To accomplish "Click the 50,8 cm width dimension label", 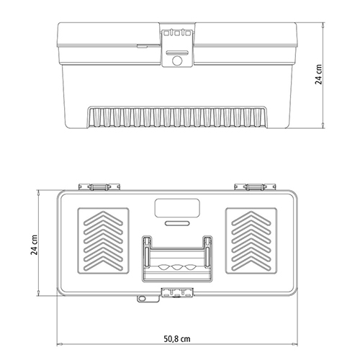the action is [177, 339].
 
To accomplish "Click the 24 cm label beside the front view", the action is [318, 74].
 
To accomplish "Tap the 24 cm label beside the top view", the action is [34, 245].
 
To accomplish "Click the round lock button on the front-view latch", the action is [177, 60].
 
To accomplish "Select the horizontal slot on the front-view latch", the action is [177, 53].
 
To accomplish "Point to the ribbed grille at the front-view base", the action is [177, 117].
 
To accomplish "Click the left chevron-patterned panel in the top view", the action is [103, 240].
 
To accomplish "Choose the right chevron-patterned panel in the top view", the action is [251, 240].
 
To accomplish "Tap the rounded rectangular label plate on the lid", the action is [177, 208].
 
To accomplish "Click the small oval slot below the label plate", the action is [177, 223].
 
